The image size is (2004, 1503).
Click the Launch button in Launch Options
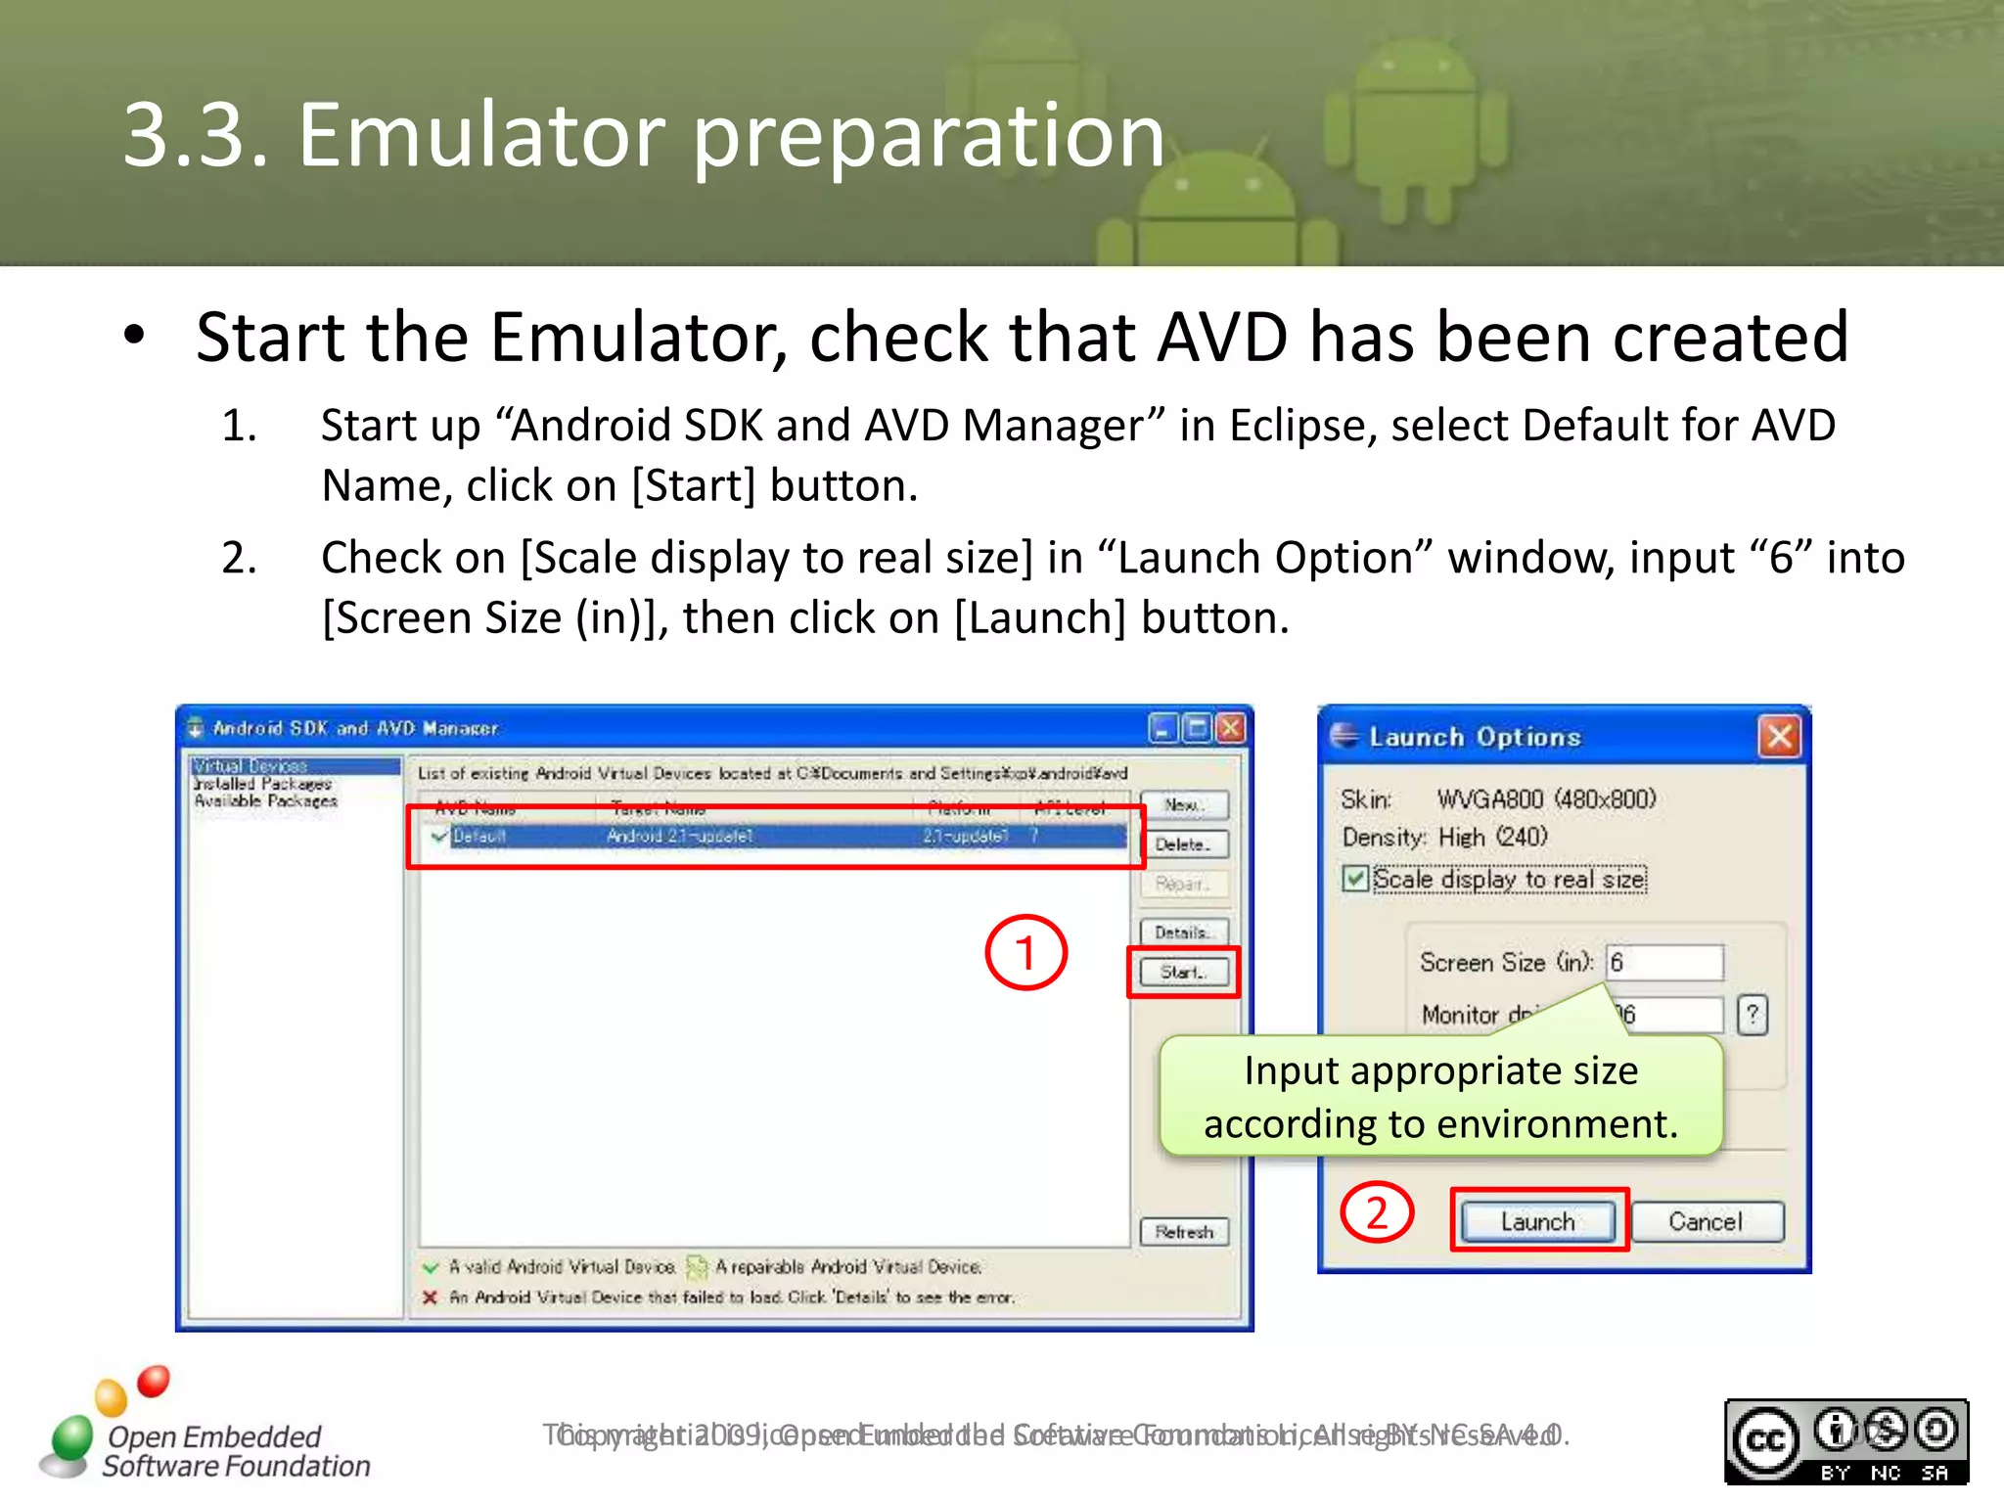click(x=1538, y=1221)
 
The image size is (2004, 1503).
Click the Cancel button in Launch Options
click(x=1706, y=1221)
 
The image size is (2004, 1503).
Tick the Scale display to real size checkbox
click(x=1355, y=879)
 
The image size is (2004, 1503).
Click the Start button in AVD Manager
click(x=1183, y=972)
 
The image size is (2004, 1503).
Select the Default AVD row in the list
click(x=773, y=837)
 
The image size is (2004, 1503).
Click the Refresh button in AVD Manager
click(x=1183, y=1232)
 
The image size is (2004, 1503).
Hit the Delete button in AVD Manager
click(x=1183, y=844)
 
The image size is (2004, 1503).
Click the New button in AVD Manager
click(x=1183, y=804)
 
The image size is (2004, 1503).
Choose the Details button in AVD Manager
click(x=1183, y=932)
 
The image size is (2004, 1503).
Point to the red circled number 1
click(x=1025, y=952)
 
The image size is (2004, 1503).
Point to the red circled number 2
click(x=1377, y=1213)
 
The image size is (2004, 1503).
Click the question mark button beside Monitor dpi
click(x=1752, y=1015)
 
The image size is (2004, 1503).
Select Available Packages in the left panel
click(x=265, y=801)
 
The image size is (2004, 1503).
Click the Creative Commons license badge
click(x=1845, y=1441)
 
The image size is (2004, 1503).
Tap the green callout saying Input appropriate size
click(x=1440, y=1097)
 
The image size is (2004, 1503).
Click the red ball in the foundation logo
click(x=154, y=1381)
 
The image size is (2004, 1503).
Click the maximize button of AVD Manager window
click(x=1196, y=728)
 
